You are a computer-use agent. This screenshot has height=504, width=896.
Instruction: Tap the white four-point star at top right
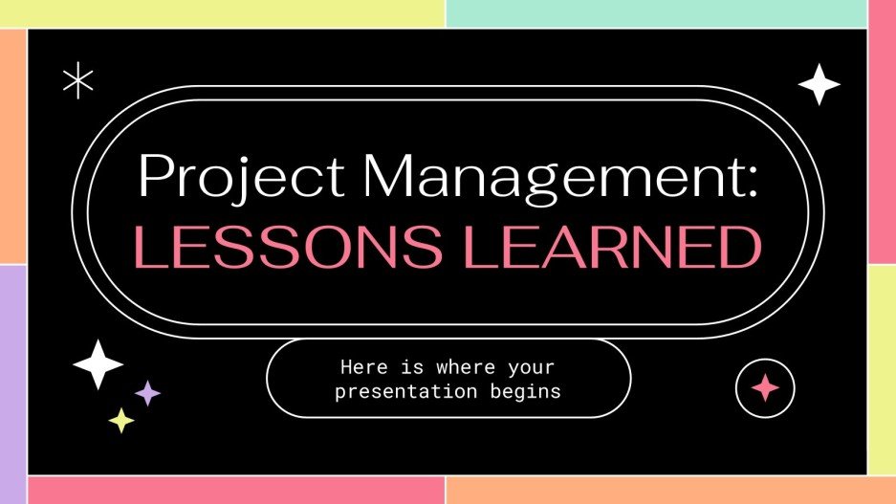[x=819, y=84]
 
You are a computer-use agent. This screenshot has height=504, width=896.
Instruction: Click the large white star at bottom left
[x=98, y=364]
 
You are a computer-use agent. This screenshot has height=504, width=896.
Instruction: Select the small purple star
[x=147, y=392]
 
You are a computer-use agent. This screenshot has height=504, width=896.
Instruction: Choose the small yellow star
[x=120, y=420]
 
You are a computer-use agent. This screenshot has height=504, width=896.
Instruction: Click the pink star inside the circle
[x=765, y=386]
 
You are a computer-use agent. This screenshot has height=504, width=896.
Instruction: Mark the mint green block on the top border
[x=656, y=12]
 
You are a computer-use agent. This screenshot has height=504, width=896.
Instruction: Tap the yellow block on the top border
[x=222, y=12]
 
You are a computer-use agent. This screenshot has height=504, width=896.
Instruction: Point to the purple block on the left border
[x=12, y=383]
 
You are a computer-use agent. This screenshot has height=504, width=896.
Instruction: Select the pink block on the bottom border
[x=235, y=490]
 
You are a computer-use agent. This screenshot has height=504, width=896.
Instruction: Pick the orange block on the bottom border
[x=669, y=490]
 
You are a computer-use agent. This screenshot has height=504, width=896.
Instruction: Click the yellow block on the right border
[x=882, y=369]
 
